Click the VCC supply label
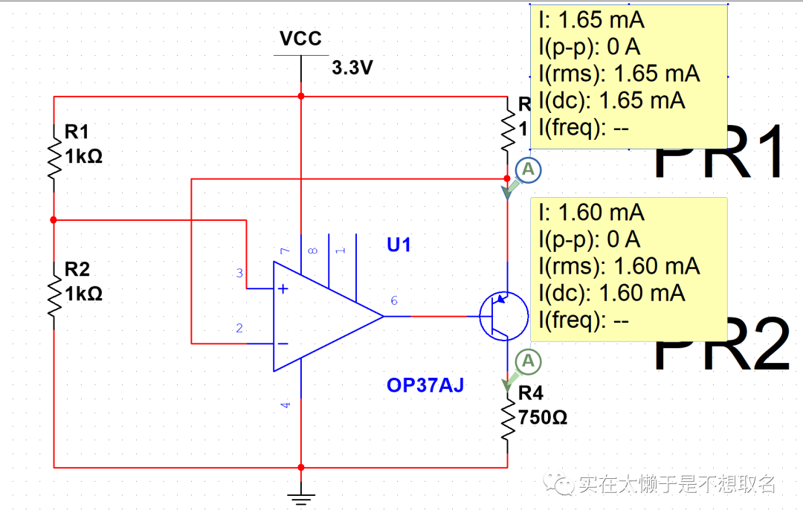pyautogui.click(x=300, y=39)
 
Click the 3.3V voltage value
pyautogui.click(x=352, y=68)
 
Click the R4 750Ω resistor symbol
pyautogui.click(x=508, y=421)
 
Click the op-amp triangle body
pyautogui.click(x=320, y=316)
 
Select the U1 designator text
pyautogui.click(x=399, y=245)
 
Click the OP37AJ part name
pyautogui.click(x=425, y=385)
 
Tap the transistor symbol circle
pyautogui.click(x=503, y=316)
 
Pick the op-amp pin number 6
pyautogui.click(x=394, y=300)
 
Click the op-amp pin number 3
pyautogui.click(x=239, y=274)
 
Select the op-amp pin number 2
pyautogui.click(x=239, y=328)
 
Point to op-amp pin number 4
pyautogui.click(x=286, y=405)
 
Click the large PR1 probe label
pyautogui.click(x=719, y=152)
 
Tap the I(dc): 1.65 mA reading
pyautogui.click(x=611, y=100)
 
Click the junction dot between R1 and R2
pyautogui.click(x=54, y=220)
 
